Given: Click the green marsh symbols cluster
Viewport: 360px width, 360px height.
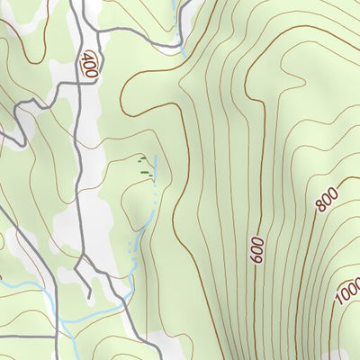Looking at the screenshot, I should coord(142,165).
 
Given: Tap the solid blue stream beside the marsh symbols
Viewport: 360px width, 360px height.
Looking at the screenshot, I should coord(157,166).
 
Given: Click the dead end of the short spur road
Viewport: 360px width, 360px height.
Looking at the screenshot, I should coord(90,297).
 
